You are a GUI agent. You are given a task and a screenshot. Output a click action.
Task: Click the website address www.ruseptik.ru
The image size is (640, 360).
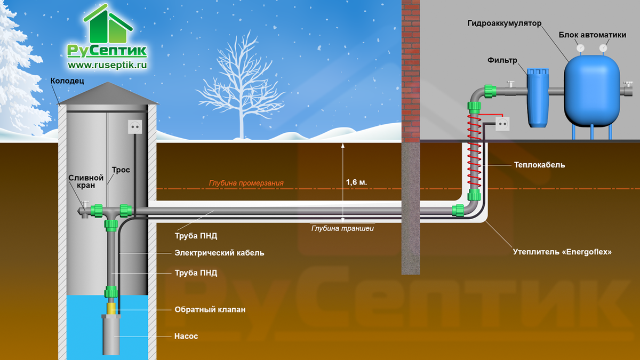107,65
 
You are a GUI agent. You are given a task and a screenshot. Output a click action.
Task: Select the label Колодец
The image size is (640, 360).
67,81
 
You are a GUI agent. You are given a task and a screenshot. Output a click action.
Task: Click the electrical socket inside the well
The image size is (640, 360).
135,127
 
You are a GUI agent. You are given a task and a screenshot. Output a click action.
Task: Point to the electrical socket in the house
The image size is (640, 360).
502,124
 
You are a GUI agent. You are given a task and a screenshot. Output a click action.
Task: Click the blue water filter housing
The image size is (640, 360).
538,98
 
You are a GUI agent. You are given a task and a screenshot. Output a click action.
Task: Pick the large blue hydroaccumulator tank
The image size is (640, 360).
591,91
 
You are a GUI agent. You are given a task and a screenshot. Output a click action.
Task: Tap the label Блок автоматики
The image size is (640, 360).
593,35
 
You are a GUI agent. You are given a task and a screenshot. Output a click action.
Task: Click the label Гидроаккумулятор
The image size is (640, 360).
505,23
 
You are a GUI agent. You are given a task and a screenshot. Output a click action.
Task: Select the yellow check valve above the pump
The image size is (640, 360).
111,309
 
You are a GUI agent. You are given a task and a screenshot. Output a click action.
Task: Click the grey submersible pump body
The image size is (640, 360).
111,335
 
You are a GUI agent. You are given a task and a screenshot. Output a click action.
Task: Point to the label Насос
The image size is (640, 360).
186,336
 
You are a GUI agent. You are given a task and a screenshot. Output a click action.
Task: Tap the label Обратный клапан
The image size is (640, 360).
210,309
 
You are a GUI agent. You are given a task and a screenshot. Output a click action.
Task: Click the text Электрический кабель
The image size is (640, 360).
219,253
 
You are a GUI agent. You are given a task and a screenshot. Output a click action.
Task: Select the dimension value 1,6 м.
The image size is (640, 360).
356,182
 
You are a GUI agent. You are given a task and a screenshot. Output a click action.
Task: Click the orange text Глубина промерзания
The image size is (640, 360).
246,183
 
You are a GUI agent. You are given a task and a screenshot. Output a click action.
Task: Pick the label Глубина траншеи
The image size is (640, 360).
342,228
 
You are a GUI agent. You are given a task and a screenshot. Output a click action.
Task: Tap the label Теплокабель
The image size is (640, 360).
539,165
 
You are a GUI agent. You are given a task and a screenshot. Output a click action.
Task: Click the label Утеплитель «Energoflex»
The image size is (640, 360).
562,252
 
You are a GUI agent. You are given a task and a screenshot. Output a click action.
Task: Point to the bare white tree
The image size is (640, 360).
242,86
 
